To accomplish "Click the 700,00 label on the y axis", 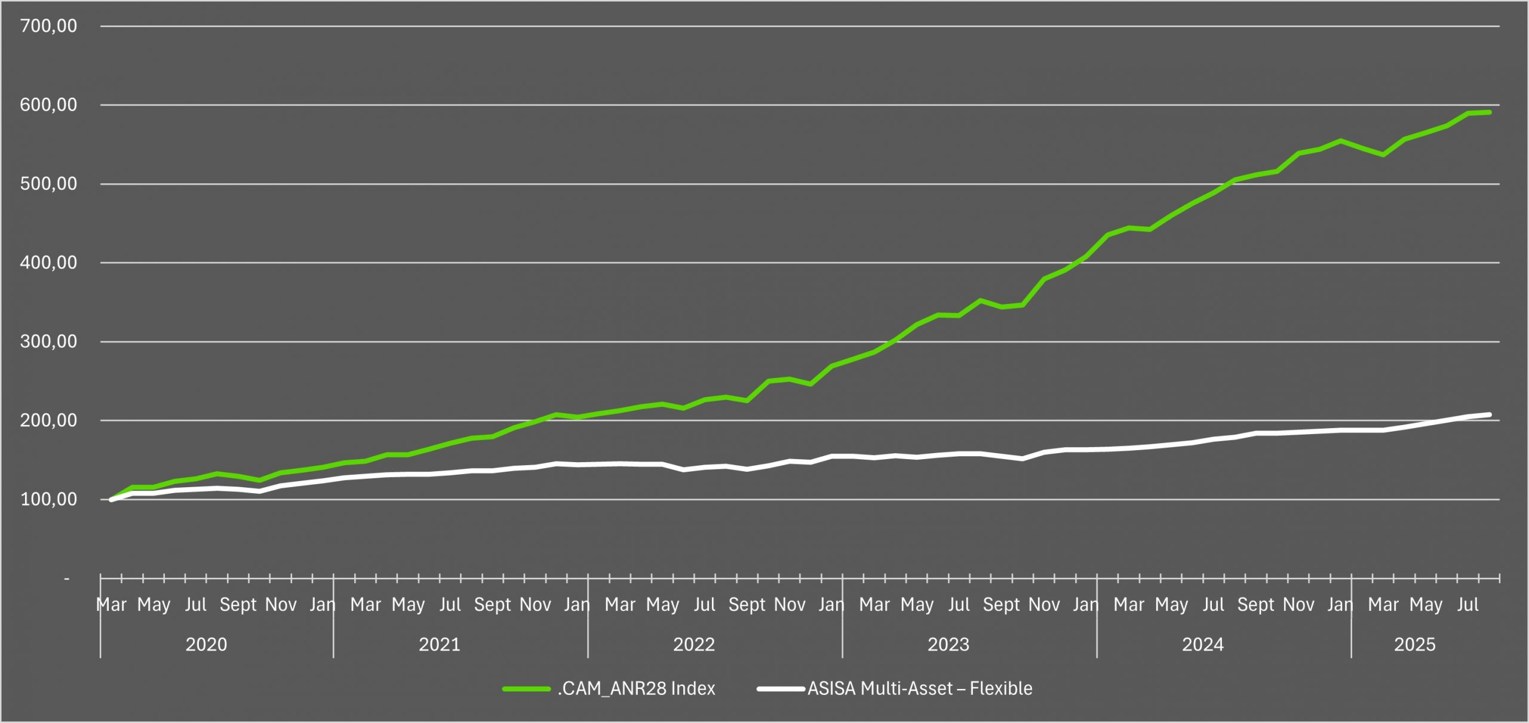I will [x=48, y=26].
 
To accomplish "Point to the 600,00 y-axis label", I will [x=48, y=105].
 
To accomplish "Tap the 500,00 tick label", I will [x=48, y=184].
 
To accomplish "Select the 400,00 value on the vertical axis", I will [x=48, y=263].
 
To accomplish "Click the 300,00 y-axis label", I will [x=48, y=341].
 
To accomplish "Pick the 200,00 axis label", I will [x=48, y=420].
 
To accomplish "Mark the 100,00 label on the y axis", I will [x=48, y=499].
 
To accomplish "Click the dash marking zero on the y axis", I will [x=66, y=579].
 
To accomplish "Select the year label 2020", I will [x=206, y=645].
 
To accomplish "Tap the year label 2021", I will [x=440, y=645].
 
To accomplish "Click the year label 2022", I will [x=694, y=645].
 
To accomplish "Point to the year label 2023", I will [x=948, y=645].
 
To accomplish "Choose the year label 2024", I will [x=1203, y=645].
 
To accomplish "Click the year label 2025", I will [x=1415, y=645].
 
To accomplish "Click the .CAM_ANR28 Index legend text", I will [x=636, y=689].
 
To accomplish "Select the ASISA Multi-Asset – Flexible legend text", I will [x=920, y=689].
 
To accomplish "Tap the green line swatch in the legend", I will [x=526, y=689].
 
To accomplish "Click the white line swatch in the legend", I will [x=781, y=689].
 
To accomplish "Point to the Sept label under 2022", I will [x=747, y=605].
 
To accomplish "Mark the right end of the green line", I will [x=1490, y=112].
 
